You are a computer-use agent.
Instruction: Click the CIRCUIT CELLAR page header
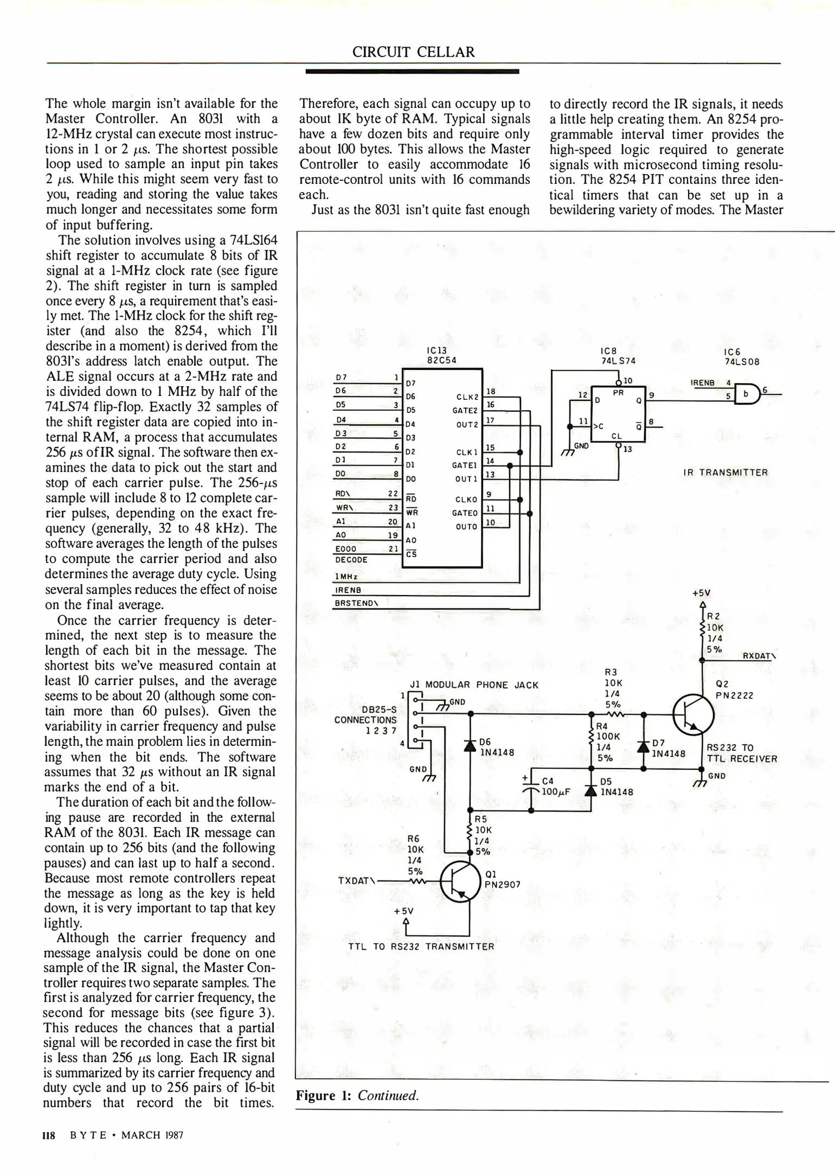pos(413,52)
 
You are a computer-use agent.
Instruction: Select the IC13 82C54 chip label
pos(441,356)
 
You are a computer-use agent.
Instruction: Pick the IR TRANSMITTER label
pos(726,472)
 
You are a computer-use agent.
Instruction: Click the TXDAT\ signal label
pos(357,880)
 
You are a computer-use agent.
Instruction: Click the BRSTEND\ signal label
pos(356,603)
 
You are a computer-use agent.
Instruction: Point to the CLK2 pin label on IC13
pos(467,397)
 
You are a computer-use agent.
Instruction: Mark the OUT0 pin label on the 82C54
pos(466,527)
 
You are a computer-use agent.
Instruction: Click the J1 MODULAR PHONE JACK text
pos(474,685)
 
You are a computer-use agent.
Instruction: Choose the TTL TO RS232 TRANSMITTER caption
pos(421,947)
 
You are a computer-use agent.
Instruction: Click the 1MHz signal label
pos(346,577)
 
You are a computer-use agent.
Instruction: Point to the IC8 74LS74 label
pos(618,356)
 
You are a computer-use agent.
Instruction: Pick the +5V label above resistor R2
pos(701,593)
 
